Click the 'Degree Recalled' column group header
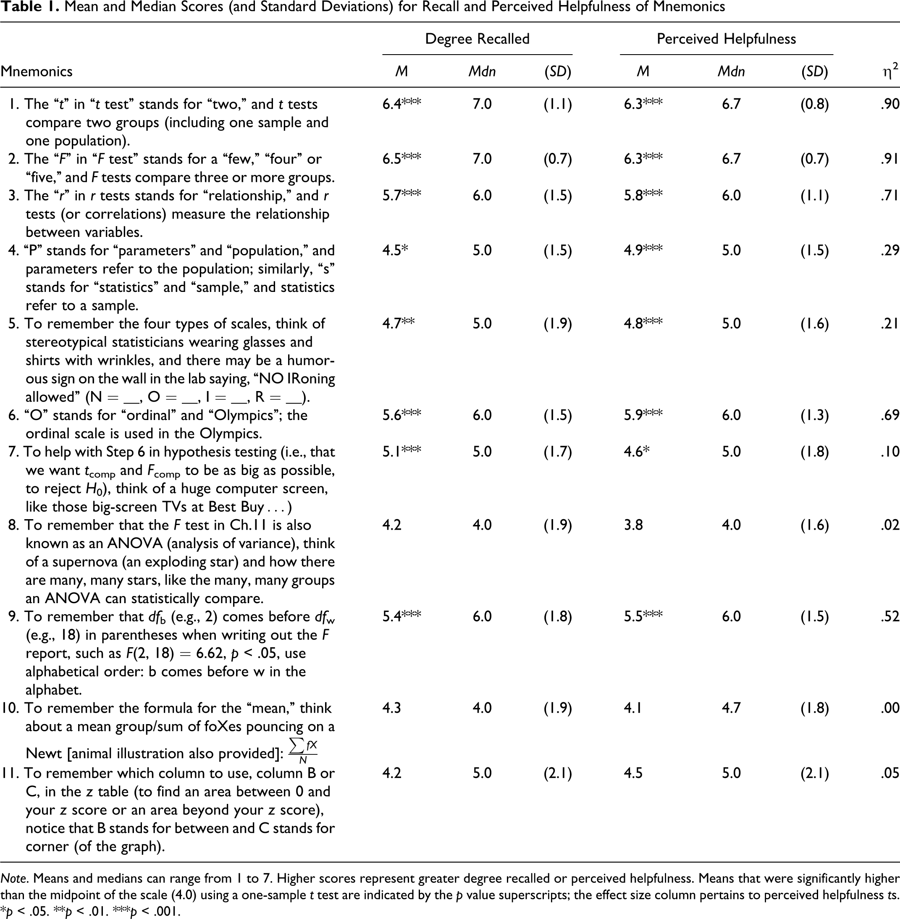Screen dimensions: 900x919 477,39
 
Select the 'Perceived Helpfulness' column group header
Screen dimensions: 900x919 726,39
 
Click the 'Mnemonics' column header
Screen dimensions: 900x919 37,71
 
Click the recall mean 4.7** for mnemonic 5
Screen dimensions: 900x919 399,323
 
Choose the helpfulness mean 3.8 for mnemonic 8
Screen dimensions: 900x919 633,525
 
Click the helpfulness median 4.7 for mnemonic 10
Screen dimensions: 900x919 731,708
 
